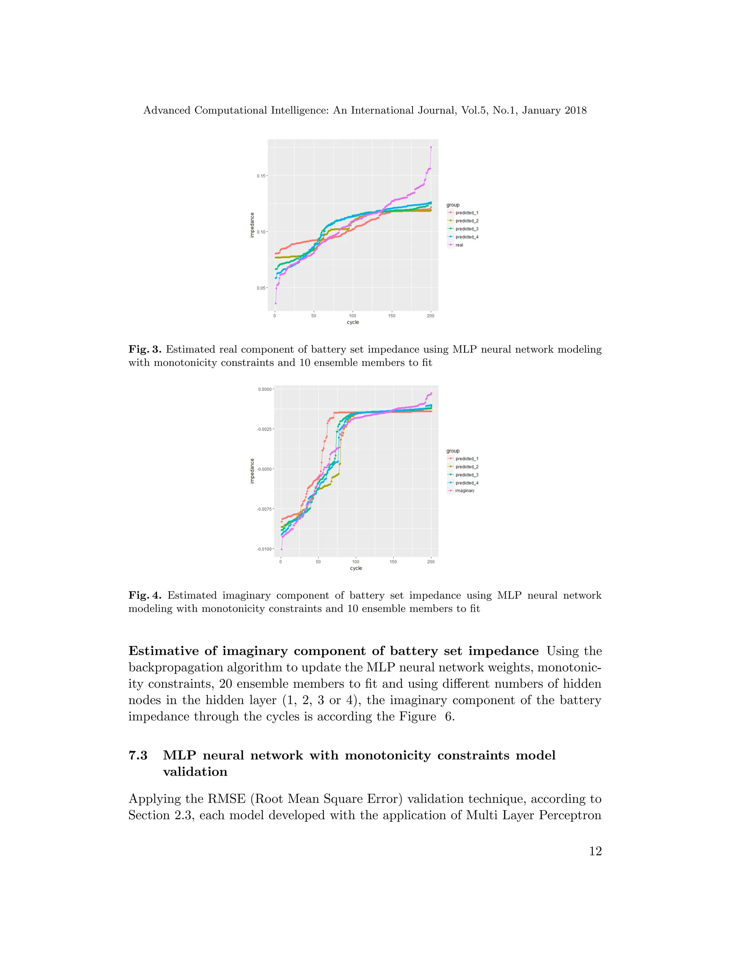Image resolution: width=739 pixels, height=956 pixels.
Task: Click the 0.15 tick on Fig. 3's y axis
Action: (261, 176)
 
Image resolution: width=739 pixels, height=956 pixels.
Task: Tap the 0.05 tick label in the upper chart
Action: (261, 288)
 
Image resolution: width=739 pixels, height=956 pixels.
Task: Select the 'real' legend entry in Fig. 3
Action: (459, 245)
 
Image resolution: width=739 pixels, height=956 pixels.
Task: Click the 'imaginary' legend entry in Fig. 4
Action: (464, 491)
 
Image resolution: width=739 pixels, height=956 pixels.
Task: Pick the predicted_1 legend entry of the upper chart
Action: (466, 213)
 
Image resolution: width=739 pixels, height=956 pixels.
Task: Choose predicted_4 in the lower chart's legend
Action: (466, 483)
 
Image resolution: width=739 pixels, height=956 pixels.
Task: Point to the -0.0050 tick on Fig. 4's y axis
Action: (265, 469)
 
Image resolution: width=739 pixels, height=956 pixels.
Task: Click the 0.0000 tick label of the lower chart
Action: (265, 389)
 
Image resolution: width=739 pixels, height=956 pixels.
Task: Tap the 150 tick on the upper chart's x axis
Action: (392, 316)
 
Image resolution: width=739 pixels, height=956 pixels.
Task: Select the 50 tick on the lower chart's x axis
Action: (318, 562)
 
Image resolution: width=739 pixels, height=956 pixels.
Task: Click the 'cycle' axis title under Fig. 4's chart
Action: (356, 568)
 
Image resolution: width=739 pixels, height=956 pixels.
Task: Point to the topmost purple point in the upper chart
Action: (431, 148)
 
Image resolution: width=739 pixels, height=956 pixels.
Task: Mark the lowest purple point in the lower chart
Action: (281, 549)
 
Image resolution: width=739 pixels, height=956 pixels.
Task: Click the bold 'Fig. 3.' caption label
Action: (145, 349)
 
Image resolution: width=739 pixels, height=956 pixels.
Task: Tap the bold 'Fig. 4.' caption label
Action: (145, 595)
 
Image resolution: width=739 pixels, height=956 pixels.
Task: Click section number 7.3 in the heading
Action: (138, 755)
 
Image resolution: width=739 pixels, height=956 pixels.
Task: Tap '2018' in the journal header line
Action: (575, 110)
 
